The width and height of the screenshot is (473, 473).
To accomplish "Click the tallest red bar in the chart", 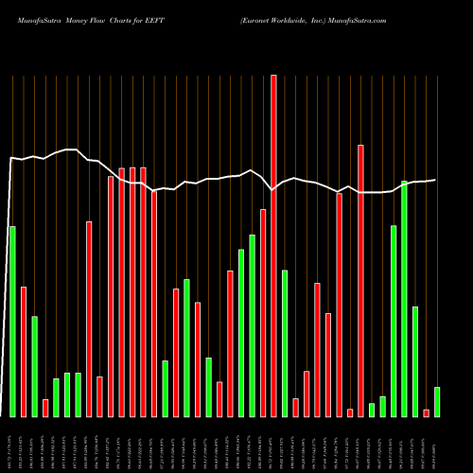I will pyautogui.click(x=273, y=246).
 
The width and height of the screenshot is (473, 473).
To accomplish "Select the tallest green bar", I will pyautogui.click(x=405, y=298).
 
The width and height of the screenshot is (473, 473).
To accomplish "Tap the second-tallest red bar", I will pyautogui.click(x=360, y=281).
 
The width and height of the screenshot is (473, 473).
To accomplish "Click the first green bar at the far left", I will pyautogui.click(x=12, y=322).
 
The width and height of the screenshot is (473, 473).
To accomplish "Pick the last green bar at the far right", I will pyautogui.click(x=436, y=402).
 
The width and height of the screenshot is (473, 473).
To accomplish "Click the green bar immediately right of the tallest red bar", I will pyautogui.click(x=285, y=343).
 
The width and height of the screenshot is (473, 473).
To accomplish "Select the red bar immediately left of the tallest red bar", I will pyautogui.click(x=263, y=313).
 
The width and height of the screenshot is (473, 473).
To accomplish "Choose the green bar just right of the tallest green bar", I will pyautogui.click(x=415, y=361).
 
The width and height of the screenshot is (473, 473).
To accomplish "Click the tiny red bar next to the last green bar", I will pyautogui.click(x=426, y=412).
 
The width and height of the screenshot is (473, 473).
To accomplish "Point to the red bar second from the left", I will pyautogui.click(x=24, y=351).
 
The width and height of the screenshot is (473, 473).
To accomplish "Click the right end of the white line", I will pyautogui.click(x=435, y=180).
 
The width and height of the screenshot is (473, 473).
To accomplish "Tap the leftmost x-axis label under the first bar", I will pyautogui.click(x=12, y=445).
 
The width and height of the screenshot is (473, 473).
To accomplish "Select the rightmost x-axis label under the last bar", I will pyautogui.click(x=436, y=445).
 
